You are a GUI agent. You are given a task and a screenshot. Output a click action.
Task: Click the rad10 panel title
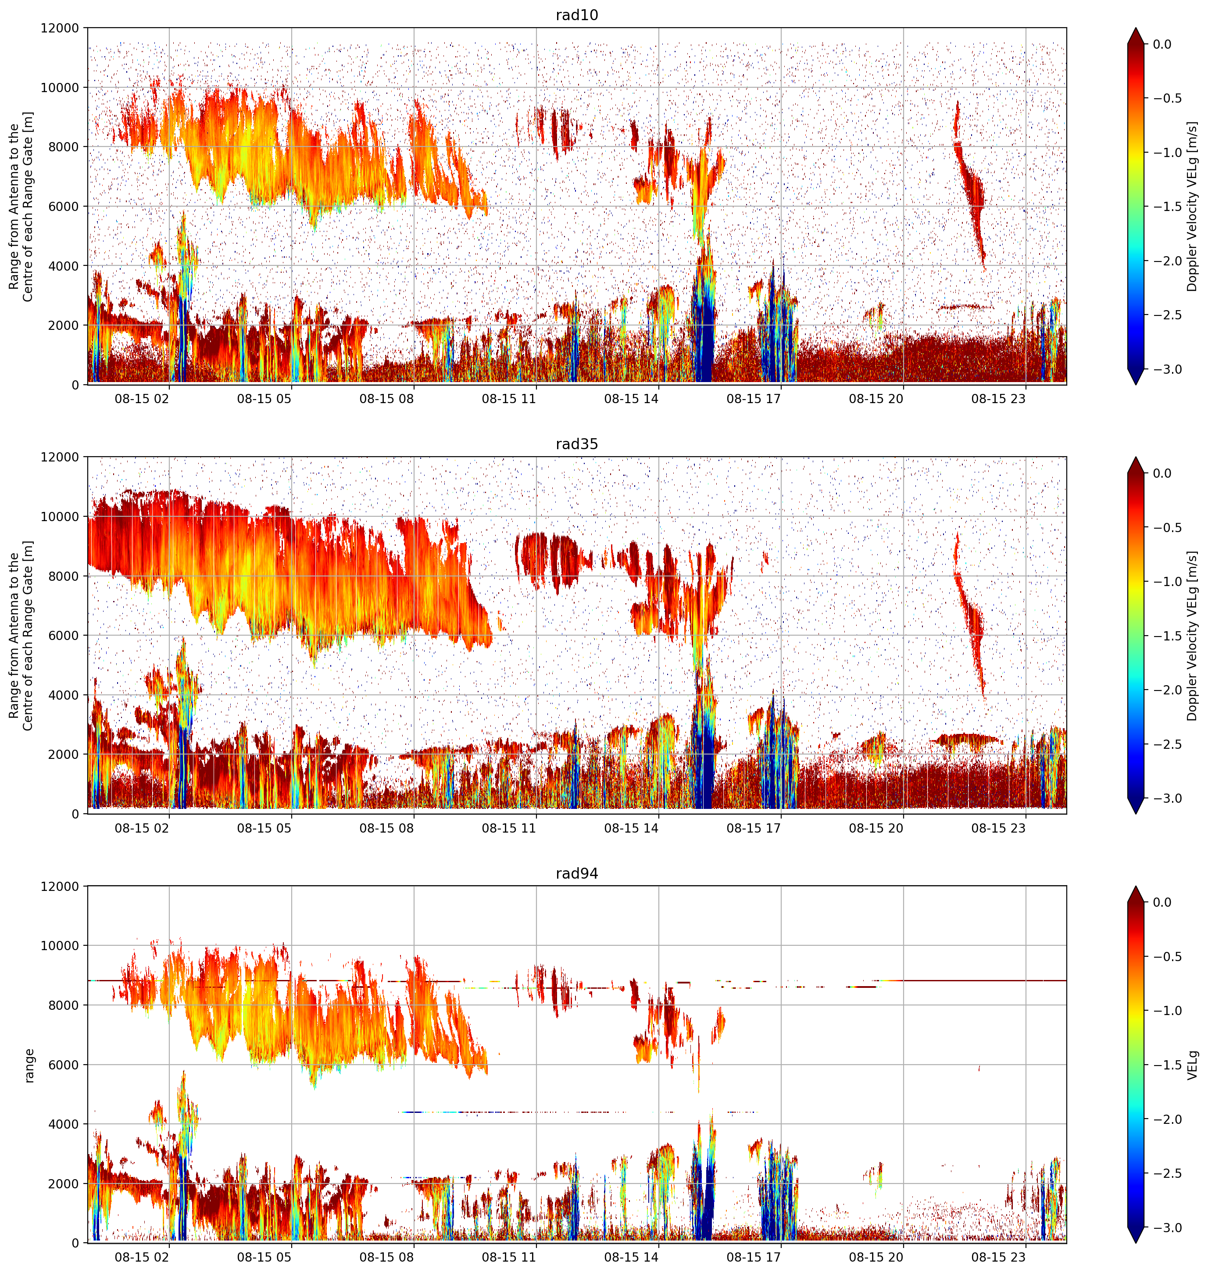pos(576,15)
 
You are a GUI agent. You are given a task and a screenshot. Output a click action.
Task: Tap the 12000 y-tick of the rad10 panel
pos(60,29)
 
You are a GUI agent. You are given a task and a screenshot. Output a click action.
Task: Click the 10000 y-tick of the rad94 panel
pos(60,946)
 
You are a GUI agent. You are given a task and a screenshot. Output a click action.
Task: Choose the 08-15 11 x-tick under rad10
pos(509,399)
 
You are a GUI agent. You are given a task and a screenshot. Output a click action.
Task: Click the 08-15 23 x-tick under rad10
pos(998,399)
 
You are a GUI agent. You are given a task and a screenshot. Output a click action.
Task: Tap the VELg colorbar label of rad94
pos(1193,1065)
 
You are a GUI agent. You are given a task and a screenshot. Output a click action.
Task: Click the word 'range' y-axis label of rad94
pos(29,1066)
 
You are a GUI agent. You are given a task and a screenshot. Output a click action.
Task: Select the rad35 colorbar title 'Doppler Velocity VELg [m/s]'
pos(1193,636)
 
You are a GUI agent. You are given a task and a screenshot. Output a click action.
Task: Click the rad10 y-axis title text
pos(21,207)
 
